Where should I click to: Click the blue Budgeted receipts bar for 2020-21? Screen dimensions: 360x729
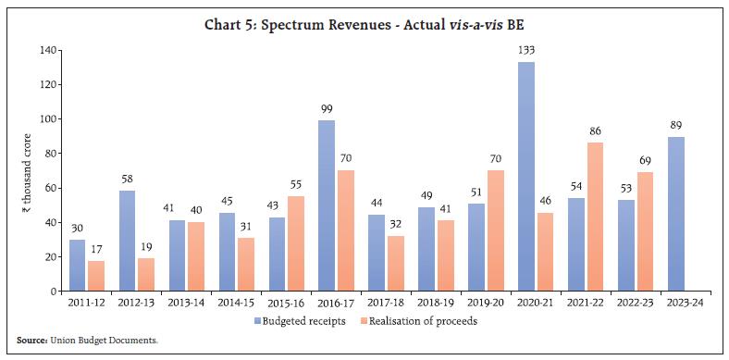525,176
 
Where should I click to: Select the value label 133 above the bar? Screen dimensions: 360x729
525,52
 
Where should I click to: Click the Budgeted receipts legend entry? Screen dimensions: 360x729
300,321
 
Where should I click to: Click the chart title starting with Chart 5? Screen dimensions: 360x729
364,25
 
